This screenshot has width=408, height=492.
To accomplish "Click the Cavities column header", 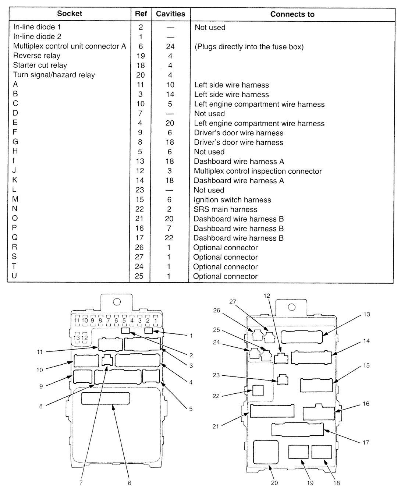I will (x=170, y=14).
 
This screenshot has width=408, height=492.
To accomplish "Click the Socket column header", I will (x=69, y=14).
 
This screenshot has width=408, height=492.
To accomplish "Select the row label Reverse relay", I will (x=37, y=56).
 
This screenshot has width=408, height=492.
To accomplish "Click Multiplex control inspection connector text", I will (x=258, y=171).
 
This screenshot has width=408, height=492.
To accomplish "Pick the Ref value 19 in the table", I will (x=140, y=56).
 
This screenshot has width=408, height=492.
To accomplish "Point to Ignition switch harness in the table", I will (x=232, y=200).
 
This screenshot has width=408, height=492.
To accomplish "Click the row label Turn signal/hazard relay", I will (x=54, y=75).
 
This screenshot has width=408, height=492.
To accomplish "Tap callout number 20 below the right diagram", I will (x=274, y=483).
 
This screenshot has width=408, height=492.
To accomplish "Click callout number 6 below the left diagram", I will (x=130, y=483).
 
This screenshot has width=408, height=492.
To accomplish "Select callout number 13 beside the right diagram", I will (x=366, y=314).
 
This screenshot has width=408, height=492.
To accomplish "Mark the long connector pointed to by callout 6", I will (x=105, y=399).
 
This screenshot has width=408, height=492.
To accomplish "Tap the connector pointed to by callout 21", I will (x=272, y=411).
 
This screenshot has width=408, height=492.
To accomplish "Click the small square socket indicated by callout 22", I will (x=258, y=390).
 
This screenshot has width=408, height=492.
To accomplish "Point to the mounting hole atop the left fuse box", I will (x=117, y=302).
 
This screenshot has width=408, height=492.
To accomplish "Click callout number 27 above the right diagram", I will (x=232, y=302).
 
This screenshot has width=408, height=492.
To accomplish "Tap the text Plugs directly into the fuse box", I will (x=249, y=47).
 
